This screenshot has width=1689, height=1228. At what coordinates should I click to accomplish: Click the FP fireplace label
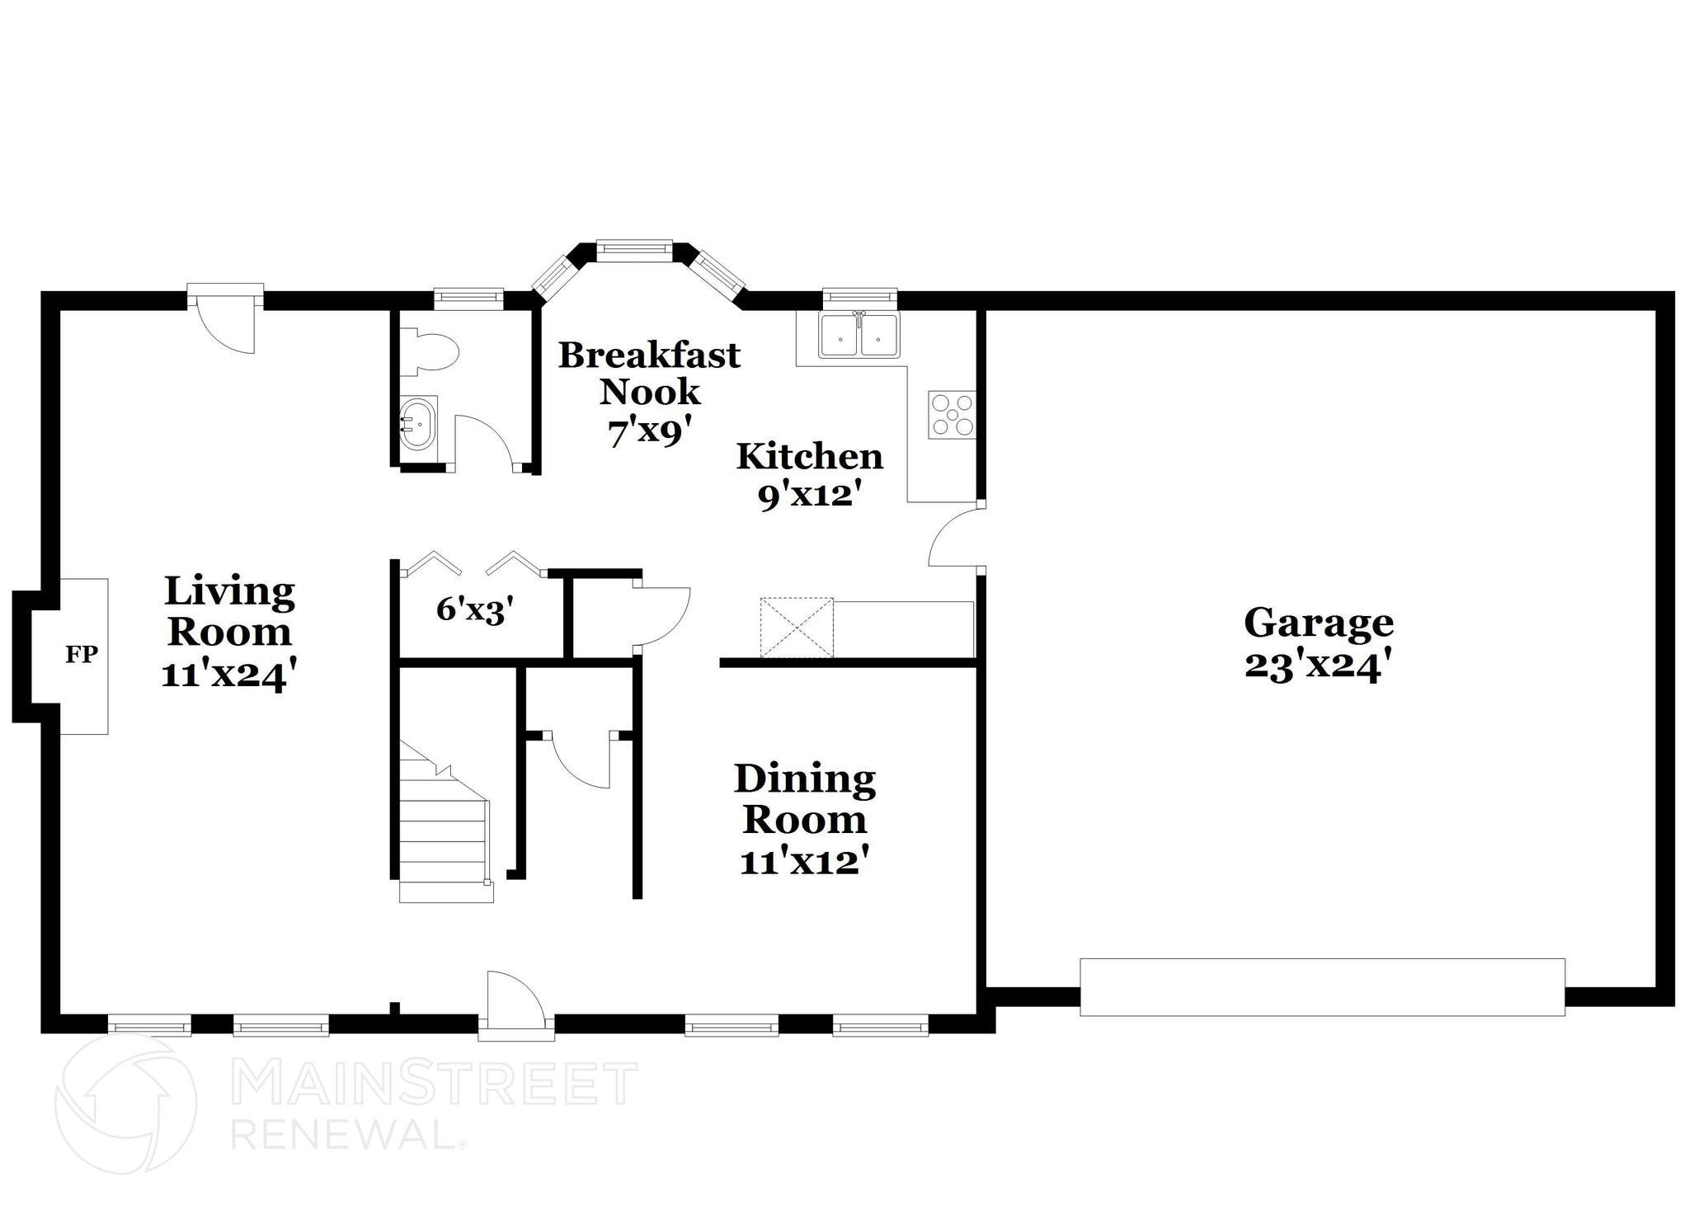[82, 655]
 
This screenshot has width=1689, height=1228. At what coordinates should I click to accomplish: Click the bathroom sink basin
[418, 423]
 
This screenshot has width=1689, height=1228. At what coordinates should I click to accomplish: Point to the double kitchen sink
[859, 336]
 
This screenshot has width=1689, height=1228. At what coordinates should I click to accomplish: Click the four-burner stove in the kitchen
[952, 415]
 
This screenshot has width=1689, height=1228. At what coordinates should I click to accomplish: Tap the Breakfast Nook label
[649, 373]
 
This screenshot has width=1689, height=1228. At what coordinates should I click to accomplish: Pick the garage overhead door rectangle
[1322, 986]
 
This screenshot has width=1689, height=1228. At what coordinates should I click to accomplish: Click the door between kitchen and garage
[954, 537]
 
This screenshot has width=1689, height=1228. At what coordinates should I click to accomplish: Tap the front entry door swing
[513, 1000]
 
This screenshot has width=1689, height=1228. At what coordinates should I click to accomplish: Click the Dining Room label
[804, 798]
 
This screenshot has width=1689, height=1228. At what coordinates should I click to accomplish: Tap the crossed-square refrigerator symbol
[796, 628]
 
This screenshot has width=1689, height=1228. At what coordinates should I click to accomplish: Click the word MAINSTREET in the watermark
[434, 1084]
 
